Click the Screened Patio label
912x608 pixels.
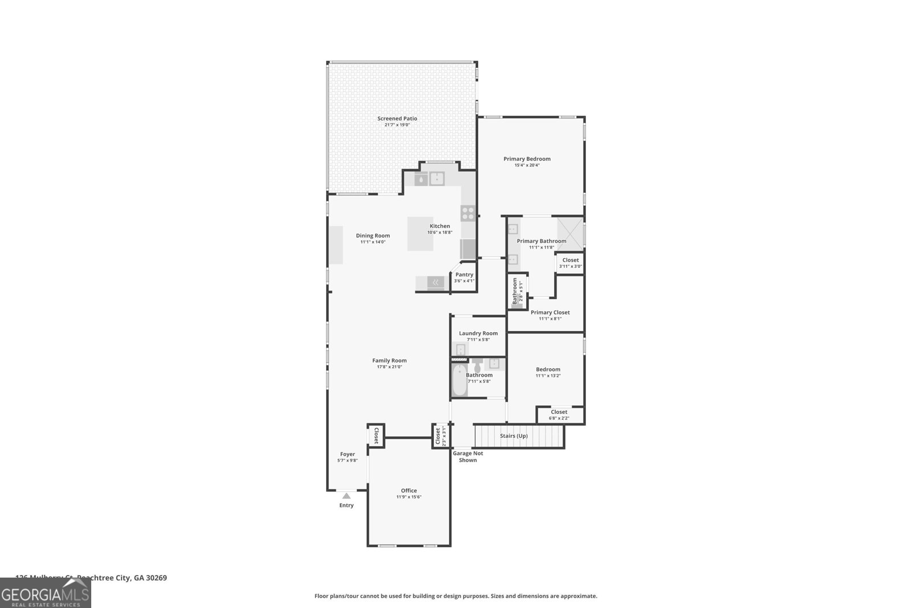pyautogui.click(x=397, y=119)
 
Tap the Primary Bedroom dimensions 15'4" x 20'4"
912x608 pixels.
pyautogui.click(x=527, y=165)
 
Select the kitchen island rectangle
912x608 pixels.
pyautogui.click(x=420, y=234)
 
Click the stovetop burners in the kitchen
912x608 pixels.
pyautogui.click(x=468, y=213)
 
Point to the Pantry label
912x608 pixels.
pyautogui.click(x=464, y=275)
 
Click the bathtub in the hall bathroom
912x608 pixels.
pyautogui.click(x=459, y=381)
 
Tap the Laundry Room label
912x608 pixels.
pyautogui.click(x=478, y=333)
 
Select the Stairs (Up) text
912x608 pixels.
pyautogui.click(x=514, y=436)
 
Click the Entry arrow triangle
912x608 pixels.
pyautogui.click(x=346, y=496)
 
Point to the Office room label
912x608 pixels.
pyautogui.click(x=409, y=491)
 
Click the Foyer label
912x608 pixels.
pyautogui.click(x=347, y=454)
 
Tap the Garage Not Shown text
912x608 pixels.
pyautogui.click(x=468, y=456)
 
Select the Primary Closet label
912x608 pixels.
pyautogui.click(x=550, y=312)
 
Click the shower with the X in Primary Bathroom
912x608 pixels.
pyautogui.click(x=570, y=234)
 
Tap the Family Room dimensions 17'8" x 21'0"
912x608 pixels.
pyautogui.click(x=389, y=367)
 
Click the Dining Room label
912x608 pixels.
pyautogui.click(x=373, y=235)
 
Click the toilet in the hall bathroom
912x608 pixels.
pyautogui.click(x=477, y=364)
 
